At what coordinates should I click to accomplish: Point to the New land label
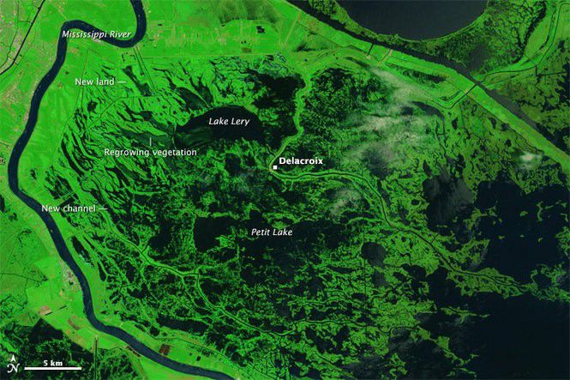point(94,81)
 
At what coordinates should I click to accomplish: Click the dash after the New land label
point(122,81)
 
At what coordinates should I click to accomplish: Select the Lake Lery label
point(229,122)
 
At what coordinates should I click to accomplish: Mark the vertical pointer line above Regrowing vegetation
point(151,141)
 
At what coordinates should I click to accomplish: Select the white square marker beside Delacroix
point(274,167)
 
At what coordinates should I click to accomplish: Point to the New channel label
point(69,208)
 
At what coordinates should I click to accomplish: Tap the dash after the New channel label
point(104,208)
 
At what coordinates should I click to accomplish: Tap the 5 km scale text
point(51,364)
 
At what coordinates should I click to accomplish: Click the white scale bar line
point(51,371)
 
